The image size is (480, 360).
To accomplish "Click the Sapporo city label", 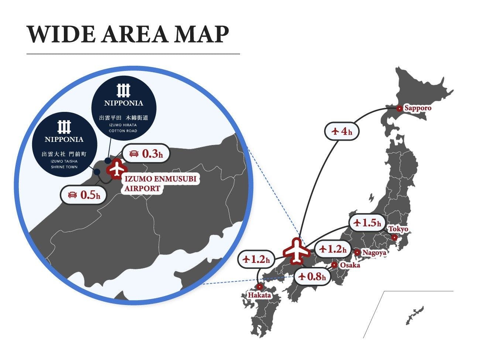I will (418, 108).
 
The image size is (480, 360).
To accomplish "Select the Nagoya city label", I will (374, 253).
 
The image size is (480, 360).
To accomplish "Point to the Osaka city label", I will (350, 265).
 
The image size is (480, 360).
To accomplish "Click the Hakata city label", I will (259, 295).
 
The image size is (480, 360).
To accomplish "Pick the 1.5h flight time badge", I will (367, 223).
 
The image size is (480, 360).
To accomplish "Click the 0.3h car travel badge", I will (146, 154).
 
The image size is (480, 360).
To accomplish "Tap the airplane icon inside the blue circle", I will (117, 169).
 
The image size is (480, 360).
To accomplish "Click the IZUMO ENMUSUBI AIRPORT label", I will (160, 184).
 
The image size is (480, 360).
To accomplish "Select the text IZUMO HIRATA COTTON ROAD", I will (123, 128).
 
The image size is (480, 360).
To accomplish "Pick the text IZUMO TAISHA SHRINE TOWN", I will (64, 164).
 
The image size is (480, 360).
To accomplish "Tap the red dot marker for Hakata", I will (260, 287).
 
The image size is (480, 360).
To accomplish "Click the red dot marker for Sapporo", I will (399, 109).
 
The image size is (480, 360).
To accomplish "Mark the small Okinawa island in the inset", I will (415, 315).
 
